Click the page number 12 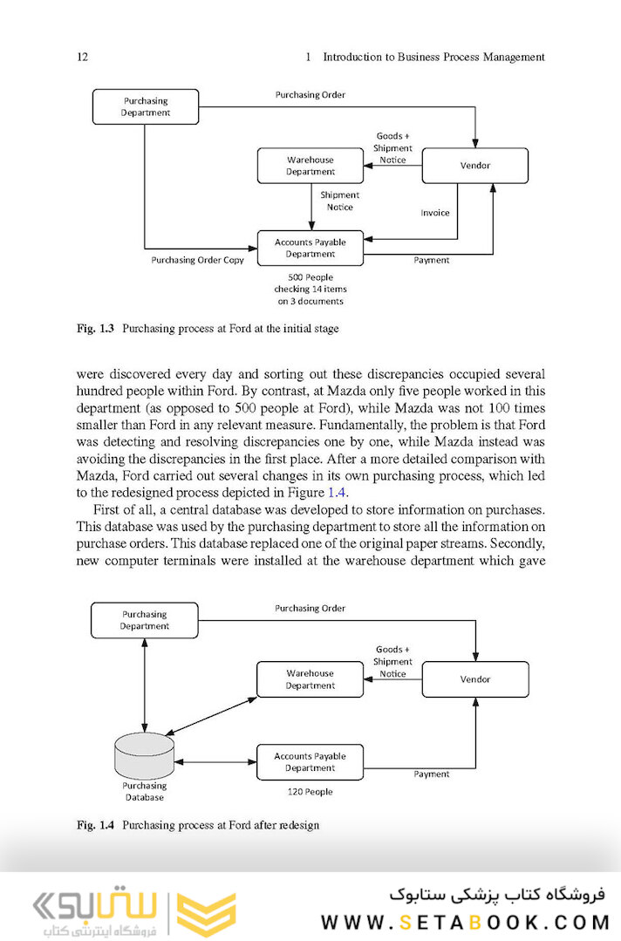coord(83,57)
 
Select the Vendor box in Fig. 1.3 coord(474,166)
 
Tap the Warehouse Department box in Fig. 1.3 coord(310,166)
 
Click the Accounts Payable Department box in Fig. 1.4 coord(310,761)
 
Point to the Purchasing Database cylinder coord(144,757)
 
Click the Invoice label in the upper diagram coord(434,213)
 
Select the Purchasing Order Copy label coord(198,260)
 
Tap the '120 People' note coord(310,792)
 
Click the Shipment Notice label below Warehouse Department coord(339,201)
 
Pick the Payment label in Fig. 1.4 coord(432,774)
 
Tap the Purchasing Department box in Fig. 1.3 coord(145,106)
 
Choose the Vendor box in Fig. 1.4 coord(474,678)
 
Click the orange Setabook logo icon coord(206,914)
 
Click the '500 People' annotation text coord(310,289)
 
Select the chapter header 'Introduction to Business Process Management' coord(433,57)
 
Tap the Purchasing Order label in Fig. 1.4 coord(310,608)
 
